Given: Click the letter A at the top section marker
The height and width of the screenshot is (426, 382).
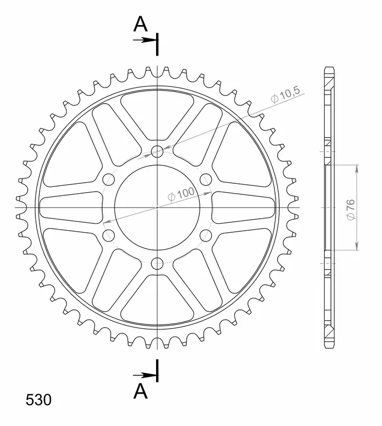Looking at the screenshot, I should pyautogui.click(x=140, y=23).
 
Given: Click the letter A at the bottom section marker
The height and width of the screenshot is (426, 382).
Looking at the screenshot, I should pyautogui.click(x=140, y=391).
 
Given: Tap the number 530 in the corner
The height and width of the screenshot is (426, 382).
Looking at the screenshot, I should pyautogui.click(x=39, y=400).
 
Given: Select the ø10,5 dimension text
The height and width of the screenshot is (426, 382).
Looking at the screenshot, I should pyautogui.click(x=285, y=95).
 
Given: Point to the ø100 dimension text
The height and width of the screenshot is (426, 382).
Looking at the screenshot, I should pyautogui.click(x=181, y=195).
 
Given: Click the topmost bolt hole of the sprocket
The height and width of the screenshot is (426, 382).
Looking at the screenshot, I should pyautogui.click(x=157, y=152).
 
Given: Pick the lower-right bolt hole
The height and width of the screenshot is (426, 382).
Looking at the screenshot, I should pyautogui.click(x=206, y=235).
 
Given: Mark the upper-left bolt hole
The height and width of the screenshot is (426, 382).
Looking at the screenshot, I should pyautogui.click(x=109, y=180).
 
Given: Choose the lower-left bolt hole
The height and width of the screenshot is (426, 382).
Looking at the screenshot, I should pyautogui.click(x=109, y=235).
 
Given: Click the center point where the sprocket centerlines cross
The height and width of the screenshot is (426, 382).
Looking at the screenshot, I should pyautogui.click(x=157, y=208).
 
